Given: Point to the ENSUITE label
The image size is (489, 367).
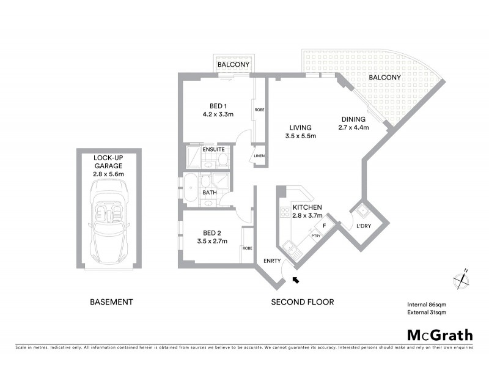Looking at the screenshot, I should click(213, 149).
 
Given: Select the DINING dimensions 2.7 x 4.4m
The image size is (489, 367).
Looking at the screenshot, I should click(354, 128).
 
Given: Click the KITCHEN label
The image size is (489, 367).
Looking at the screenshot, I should click(307, 208).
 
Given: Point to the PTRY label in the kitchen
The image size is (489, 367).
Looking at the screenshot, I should click(316, 236).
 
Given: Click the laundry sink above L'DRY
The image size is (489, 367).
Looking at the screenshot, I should click(363, 212).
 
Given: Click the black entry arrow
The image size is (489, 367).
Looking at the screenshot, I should click(296, 280).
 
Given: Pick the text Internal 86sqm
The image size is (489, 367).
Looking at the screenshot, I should click(427, 304).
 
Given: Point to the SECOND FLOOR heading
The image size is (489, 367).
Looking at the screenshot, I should click(303, 302).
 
